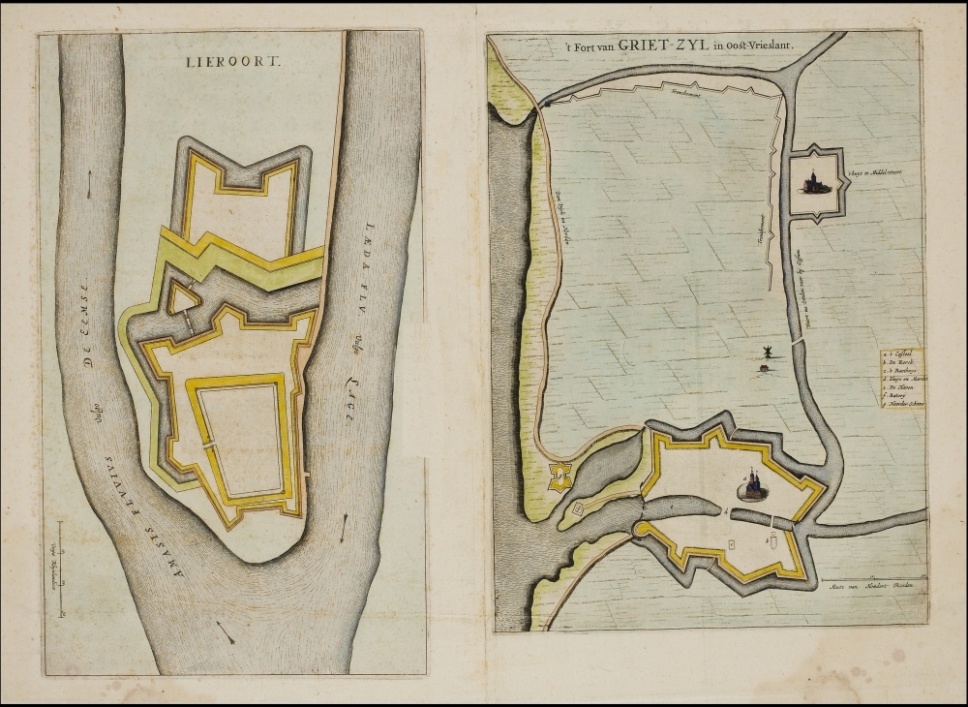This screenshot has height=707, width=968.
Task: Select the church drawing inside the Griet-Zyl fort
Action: (752, 483)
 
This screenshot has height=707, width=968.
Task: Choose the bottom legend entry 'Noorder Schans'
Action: (902, 403)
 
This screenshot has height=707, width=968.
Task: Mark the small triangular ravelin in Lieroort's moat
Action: (180, 300)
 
